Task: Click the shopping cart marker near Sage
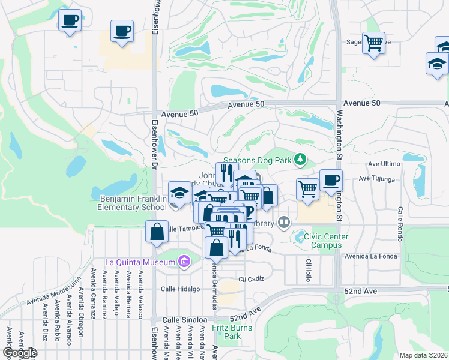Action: (x=373, y=43)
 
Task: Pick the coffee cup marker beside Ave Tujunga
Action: (x=331, y=181)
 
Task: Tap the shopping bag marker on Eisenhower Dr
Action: (x=157, y=232)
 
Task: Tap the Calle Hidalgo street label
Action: (x=179, y=289)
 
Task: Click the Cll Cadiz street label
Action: (x=251, y=279)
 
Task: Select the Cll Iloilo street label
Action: (x=309, y=271)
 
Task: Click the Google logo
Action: (x=19, y=353)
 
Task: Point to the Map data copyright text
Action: (x=424, y=355)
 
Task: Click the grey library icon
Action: (x=284, y=223)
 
